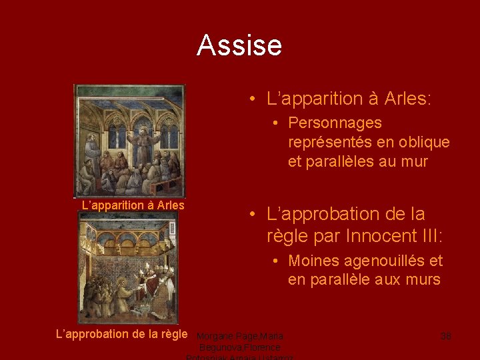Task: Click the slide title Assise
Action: tap(239, 45)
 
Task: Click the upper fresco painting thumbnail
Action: tap(130, 141)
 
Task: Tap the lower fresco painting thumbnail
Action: tap(128, 267)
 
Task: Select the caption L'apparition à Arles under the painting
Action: tap(133, 205)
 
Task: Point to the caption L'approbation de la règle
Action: tap(121, 333)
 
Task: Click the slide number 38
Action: tap(445, 336)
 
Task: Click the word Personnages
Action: tap(335, 123)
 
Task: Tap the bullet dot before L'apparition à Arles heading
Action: tap(254, 100)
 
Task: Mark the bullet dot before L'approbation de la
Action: tap(254, 215)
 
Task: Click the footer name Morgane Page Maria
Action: tap(240, 336)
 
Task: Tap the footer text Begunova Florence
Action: tap(240, 347)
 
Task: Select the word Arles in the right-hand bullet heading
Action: tap(408, 99)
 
